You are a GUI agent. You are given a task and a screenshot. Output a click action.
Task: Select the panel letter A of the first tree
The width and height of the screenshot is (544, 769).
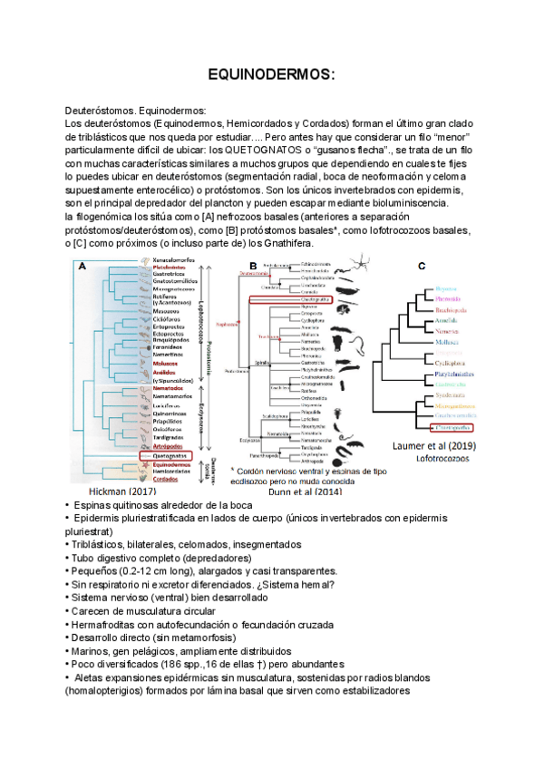[83, 267]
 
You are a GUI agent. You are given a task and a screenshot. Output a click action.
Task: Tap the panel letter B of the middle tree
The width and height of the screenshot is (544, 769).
[228, 267]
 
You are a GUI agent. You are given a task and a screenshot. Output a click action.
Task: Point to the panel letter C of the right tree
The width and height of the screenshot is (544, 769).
[421, 267]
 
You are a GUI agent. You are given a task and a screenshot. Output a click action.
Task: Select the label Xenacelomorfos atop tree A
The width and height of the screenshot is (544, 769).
[167, 260]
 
